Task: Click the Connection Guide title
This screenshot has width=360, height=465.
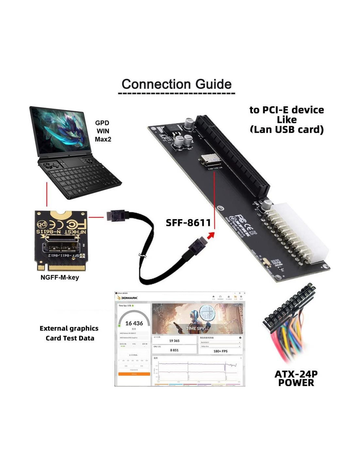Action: click(x=176, y=84)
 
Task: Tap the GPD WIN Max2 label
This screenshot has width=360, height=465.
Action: click(x=103, y=131)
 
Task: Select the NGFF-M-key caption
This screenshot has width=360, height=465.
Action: click(x=60, y=278)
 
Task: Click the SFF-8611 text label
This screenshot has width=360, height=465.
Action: click(x=188, y=223)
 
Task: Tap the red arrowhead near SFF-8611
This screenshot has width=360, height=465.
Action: click(x=211, y=235)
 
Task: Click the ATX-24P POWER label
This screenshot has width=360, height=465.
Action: click(x=296, y=378)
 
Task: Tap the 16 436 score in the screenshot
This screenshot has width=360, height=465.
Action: click(x=134, y=323)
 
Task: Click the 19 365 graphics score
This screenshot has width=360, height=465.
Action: click(x=174, y=341)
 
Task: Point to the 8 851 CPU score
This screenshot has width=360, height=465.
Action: click(x=174, y=350)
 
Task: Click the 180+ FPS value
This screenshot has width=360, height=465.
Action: click(x=220, y=351)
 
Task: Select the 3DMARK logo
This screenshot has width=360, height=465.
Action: click(x=128, y=298)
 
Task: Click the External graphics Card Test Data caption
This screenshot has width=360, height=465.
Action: click(x=69, y=333)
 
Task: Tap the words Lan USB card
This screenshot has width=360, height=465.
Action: click(x=287, y=130)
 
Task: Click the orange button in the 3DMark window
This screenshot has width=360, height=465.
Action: click(x=134, y=374)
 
